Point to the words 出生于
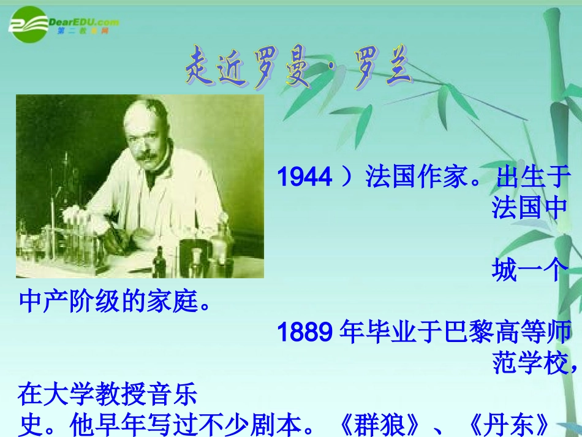click(532, 177)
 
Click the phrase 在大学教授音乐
click(108, 395)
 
